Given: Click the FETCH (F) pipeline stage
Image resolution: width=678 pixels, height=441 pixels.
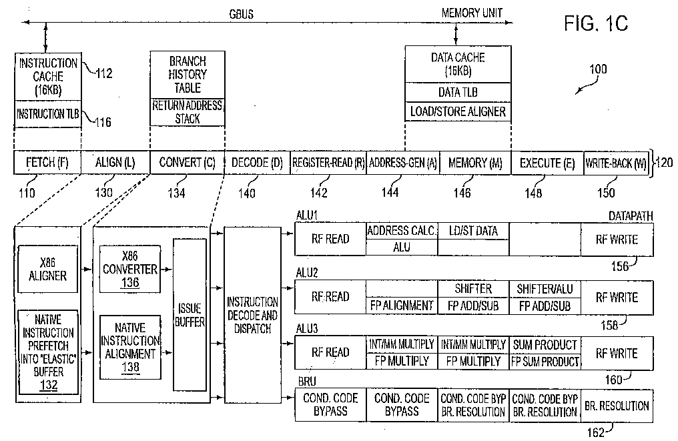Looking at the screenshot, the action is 47,163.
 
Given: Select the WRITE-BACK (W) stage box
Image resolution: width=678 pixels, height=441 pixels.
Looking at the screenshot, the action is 616,163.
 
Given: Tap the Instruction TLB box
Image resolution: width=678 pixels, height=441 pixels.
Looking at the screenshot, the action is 48,114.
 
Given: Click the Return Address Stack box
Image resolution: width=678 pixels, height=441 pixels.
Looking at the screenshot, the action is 188,112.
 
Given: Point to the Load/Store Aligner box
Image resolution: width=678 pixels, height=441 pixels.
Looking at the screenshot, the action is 458,111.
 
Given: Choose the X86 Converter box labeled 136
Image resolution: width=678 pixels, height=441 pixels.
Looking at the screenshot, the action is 130,270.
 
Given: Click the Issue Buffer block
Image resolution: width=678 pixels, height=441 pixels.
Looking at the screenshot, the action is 190,315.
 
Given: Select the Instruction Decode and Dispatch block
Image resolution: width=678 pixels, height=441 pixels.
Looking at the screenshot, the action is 252,315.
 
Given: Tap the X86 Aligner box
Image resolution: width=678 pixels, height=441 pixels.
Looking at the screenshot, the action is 47,269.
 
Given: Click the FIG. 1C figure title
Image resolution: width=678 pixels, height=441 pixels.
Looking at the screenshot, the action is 596,23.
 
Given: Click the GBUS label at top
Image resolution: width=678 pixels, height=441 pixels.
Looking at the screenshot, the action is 242,14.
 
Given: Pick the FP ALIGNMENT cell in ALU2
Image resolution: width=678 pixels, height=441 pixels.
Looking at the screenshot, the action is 402,306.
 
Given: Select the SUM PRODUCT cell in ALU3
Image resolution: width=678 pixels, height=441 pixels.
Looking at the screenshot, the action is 545,344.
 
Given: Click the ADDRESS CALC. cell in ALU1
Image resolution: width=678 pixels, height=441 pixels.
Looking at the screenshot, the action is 402,231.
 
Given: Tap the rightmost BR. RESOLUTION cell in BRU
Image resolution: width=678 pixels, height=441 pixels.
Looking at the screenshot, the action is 617,406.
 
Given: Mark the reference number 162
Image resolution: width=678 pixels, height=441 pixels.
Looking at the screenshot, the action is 595,432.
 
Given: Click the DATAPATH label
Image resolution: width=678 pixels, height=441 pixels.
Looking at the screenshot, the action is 631,215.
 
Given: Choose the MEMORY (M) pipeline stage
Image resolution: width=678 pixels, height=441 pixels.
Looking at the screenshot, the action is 475,163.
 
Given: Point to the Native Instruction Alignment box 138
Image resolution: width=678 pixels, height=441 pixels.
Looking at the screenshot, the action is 130,348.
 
